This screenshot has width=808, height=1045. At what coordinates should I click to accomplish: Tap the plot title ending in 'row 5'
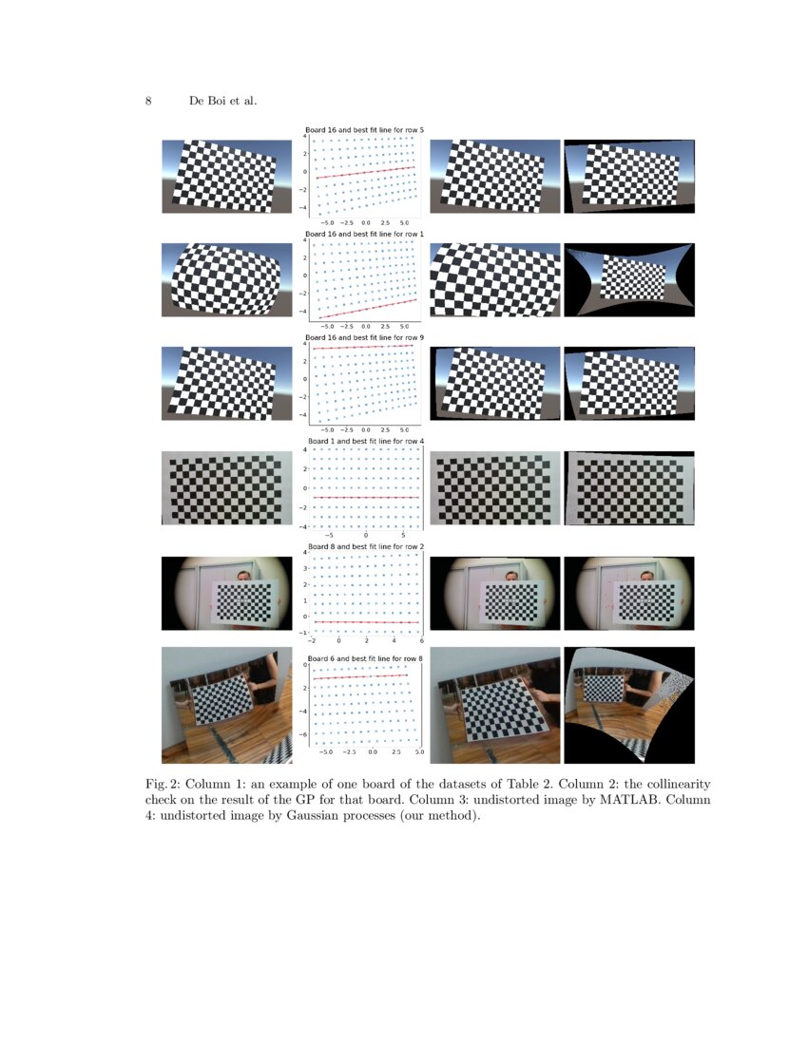[x=364, y=129]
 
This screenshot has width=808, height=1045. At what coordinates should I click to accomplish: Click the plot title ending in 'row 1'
[x=364, y=233]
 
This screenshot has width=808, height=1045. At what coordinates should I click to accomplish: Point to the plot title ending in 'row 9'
[x=364, y=337]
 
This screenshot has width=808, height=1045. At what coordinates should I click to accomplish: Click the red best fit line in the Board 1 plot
[x=366, y=497]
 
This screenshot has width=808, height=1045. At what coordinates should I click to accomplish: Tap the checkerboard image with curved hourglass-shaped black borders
[x=629, y=279]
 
